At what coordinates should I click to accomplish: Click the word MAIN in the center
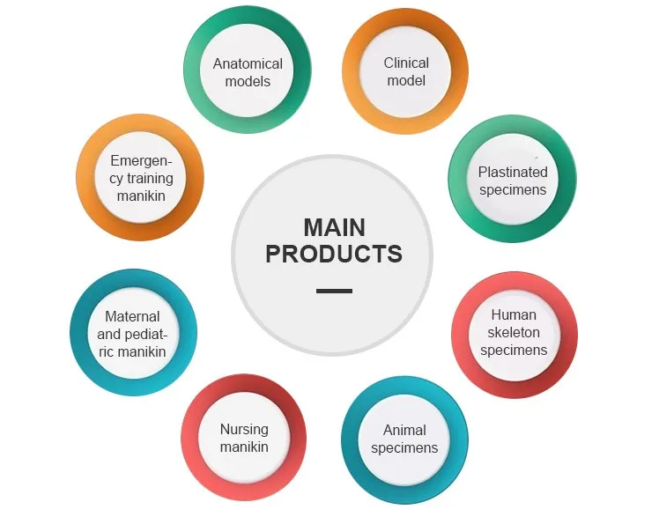point(334,227)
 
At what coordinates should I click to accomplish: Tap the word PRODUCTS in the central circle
point(334,255)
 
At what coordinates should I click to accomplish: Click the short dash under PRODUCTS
point(334,291)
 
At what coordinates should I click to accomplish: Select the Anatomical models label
point(248,72)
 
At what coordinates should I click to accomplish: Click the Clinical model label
point(406,71)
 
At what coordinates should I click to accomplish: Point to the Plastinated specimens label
point(513,181)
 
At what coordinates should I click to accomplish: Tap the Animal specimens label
point(404,439)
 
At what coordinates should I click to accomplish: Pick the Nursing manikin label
point(244,438)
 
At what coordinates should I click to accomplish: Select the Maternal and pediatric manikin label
point(132,334)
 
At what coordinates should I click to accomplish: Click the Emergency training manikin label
point(141,178)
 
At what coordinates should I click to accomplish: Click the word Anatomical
point(248,63)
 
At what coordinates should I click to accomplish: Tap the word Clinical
point(406,63)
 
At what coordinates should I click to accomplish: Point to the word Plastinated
point(513,172)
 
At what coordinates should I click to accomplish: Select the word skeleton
point(514,332)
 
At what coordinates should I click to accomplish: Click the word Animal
point(404,430)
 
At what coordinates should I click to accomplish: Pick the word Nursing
point(244,429)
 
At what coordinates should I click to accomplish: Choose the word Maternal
point(132,316)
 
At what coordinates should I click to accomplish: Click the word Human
point(514,314)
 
